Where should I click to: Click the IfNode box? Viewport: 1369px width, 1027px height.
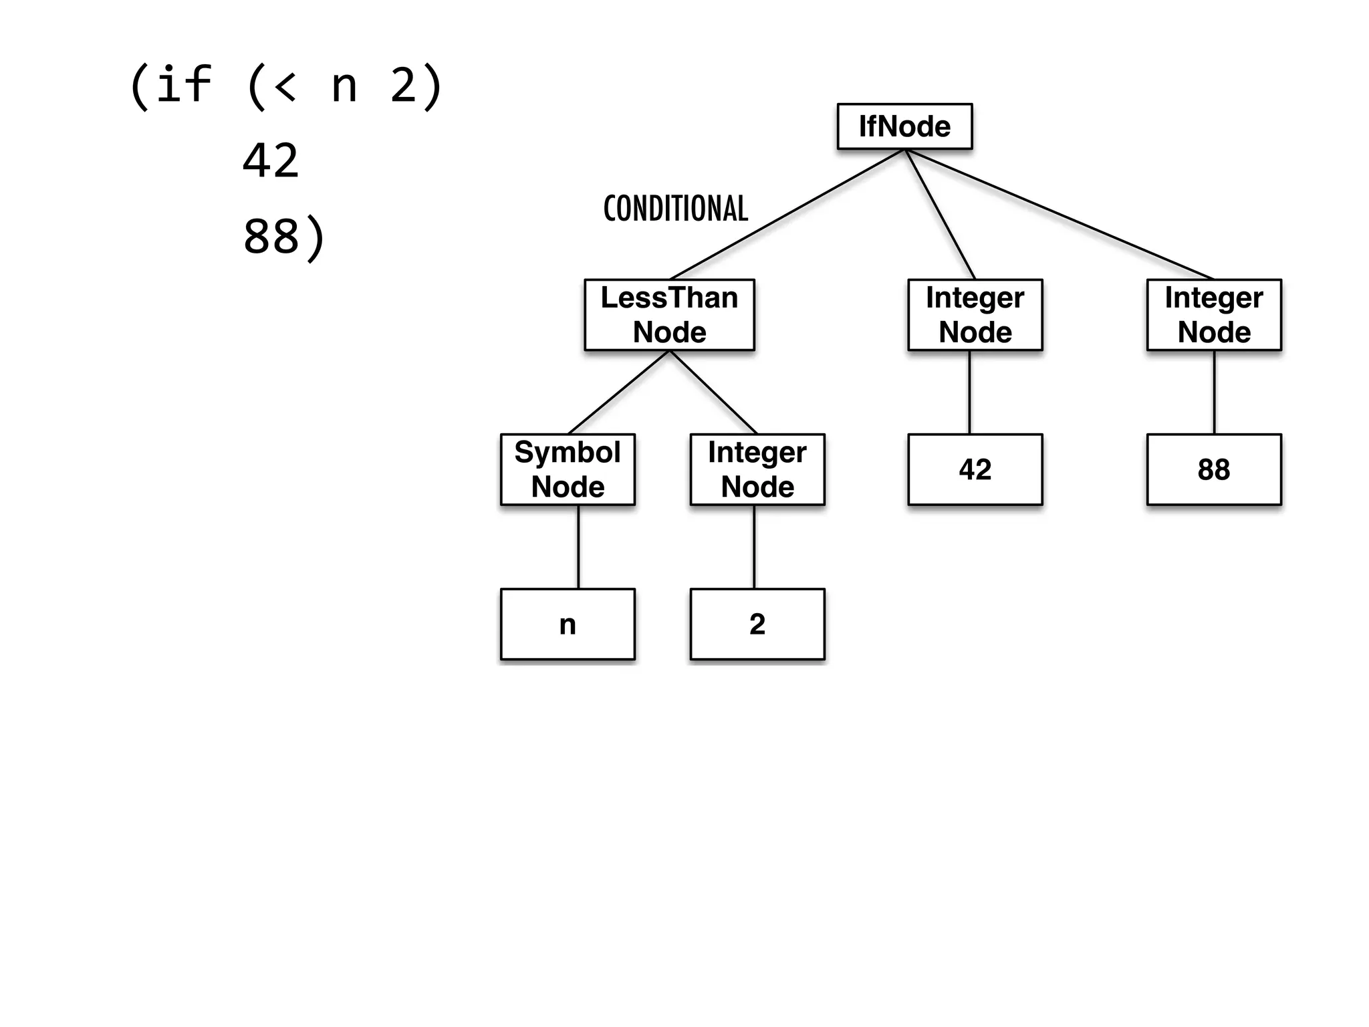coord(904,126)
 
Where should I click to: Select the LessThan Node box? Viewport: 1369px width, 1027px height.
coord(669,315)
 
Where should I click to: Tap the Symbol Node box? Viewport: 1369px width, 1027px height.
coord(568,469)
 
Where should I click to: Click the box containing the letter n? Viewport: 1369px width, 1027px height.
coord(568,624)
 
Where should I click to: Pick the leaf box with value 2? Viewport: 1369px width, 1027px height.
coord(757,624)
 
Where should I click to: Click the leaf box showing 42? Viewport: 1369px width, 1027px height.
coord(975,469)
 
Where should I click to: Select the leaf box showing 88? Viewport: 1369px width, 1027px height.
coord(1214,469)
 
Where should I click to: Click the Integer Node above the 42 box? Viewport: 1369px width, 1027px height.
coord(975,315)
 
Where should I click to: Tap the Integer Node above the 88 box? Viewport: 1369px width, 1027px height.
coord(1214,315)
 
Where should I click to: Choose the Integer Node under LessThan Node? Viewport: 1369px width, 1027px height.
coord(757,469)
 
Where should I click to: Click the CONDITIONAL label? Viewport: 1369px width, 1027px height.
coord(675,209)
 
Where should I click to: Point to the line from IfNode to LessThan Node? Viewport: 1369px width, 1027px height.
coord(787,214)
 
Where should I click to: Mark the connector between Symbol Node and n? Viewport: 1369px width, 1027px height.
coord(578,547)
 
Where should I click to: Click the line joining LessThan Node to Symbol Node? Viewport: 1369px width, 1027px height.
coord(619,392)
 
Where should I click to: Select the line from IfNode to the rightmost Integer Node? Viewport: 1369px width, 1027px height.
coord(1060,214)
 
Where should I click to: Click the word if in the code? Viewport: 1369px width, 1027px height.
coord(184,85)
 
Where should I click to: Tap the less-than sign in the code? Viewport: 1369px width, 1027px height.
coord(285,87)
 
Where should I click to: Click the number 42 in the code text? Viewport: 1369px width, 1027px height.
coord(270,161)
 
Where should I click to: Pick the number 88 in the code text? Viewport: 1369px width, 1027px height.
coord(270,236)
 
